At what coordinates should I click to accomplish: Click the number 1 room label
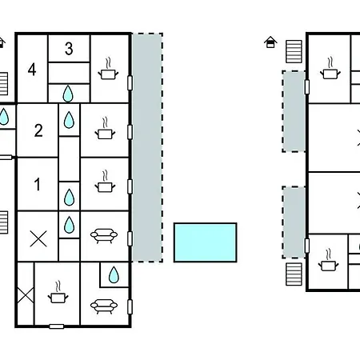[x=38, y=184]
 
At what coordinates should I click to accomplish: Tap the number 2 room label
[x=38, y=130]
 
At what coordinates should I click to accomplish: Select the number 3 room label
[x=69, y=49]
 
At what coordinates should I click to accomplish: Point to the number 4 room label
[x=32, y=70]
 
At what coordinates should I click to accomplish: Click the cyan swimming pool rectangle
[x=206, y=242]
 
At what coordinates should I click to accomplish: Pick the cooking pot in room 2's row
[x=105, y=129]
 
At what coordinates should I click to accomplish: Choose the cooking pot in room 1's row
[x=105, y=182]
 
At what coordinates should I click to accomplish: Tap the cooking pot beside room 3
[x=108, y=69]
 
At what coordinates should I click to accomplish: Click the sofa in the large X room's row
[x=104, y=236]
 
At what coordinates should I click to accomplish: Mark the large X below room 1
[x=38, y=238]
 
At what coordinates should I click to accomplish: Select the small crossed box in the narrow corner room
[x=26, y=295]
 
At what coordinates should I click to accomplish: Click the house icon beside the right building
[x=270, y=42]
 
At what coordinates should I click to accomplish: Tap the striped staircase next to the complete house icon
[x=294, y=52]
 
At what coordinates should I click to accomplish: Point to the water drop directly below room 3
[x=68, y=94]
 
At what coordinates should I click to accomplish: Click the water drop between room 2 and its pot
[x=69, y=120]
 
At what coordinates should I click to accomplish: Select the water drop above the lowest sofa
[x=114, y=274]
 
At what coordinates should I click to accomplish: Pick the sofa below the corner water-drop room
[x=104, y=306]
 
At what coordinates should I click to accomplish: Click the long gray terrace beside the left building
[x=147, y=147]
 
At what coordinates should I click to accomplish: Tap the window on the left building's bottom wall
[x=57, y=326]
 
